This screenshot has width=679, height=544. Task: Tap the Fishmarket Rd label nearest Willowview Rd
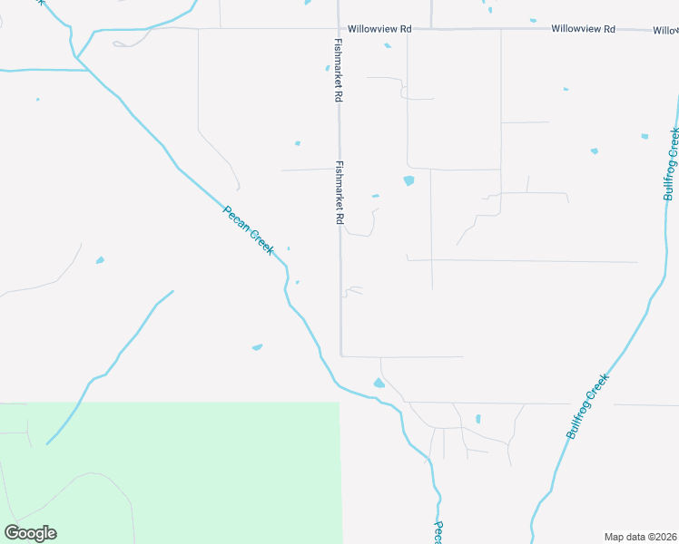(x=338, y=69)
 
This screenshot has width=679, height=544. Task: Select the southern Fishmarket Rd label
(x=339, y=193)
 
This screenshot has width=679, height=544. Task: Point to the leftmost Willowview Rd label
(x=375, y=29)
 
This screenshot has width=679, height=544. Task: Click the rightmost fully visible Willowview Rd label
(x=584, y=29)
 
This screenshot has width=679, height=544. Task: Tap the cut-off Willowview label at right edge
(x=665, y=30)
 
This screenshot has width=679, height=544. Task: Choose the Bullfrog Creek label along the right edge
(x=672, y=164)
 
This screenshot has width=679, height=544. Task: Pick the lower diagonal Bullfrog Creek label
(x=586, y=408)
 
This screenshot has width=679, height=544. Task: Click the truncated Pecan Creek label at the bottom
(x=438, y=532)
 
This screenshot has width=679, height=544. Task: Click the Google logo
(x=30, y=533)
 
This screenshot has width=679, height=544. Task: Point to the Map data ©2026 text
(x=640, y=537)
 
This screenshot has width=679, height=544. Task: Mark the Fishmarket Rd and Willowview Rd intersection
(x=339, y=29)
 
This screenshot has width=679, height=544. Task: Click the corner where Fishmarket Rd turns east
(x=341, y=356)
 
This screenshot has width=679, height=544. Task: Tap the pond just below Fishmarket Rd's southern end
(x=379, y=384)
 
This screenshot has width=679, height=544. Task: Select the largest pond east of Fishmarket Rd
(x=408, y=180)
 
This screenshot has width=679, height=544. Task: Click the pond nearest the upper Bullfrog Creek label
(x=645, y=136)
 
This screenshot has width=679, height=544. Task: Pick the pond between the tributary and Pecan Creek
(x=257, y=346)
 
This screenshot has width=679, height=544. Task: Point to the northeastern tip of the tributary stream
(x=172, y=291)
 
